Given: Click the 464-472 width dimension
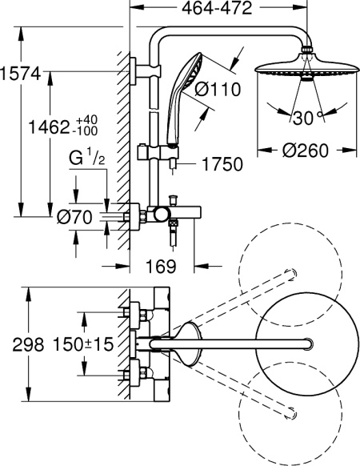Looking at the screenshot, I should tap(212, 9).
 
